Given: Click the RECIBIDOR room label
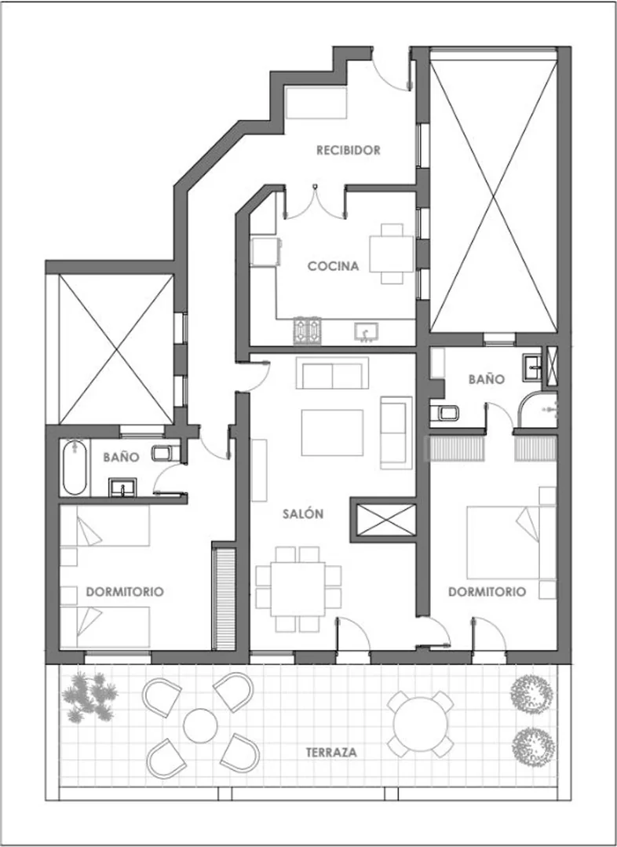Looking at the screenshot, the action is point(349,150).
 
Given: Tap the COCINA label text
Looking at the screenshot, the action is point(334,266).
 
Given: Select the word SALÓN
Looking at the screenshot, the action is point(303,513).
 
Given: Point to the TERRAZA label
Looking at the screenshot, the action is point(331,753).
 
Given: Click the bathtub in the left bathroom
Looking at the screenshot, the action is point(75,468).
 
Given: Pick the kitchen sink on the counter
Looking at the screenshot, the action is point(367,332).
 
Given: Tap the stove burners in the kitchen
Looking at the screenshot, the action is point(308,330).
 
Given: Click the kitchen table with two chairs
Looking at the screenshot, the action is point(392,254).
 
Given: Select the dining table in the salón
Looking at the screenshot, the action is point(298,589).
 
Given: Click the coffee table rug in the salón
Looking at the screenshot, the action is point(332,433).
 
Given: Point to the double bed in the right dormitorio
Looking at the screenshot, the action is point(511,542).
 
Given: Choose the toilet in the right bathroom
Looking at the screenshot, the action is point(444,413).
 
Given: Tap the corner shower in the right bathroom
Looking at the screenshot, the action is point(538,410).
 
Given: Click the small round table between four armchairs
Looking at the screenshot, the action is point(200,725).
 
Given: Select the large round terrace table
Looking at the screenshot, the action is point(420,724).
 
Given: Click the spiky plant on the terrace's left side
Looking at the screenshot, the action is point(90,696).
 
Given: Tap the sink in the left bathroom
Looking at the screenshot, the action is point(122,487).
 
